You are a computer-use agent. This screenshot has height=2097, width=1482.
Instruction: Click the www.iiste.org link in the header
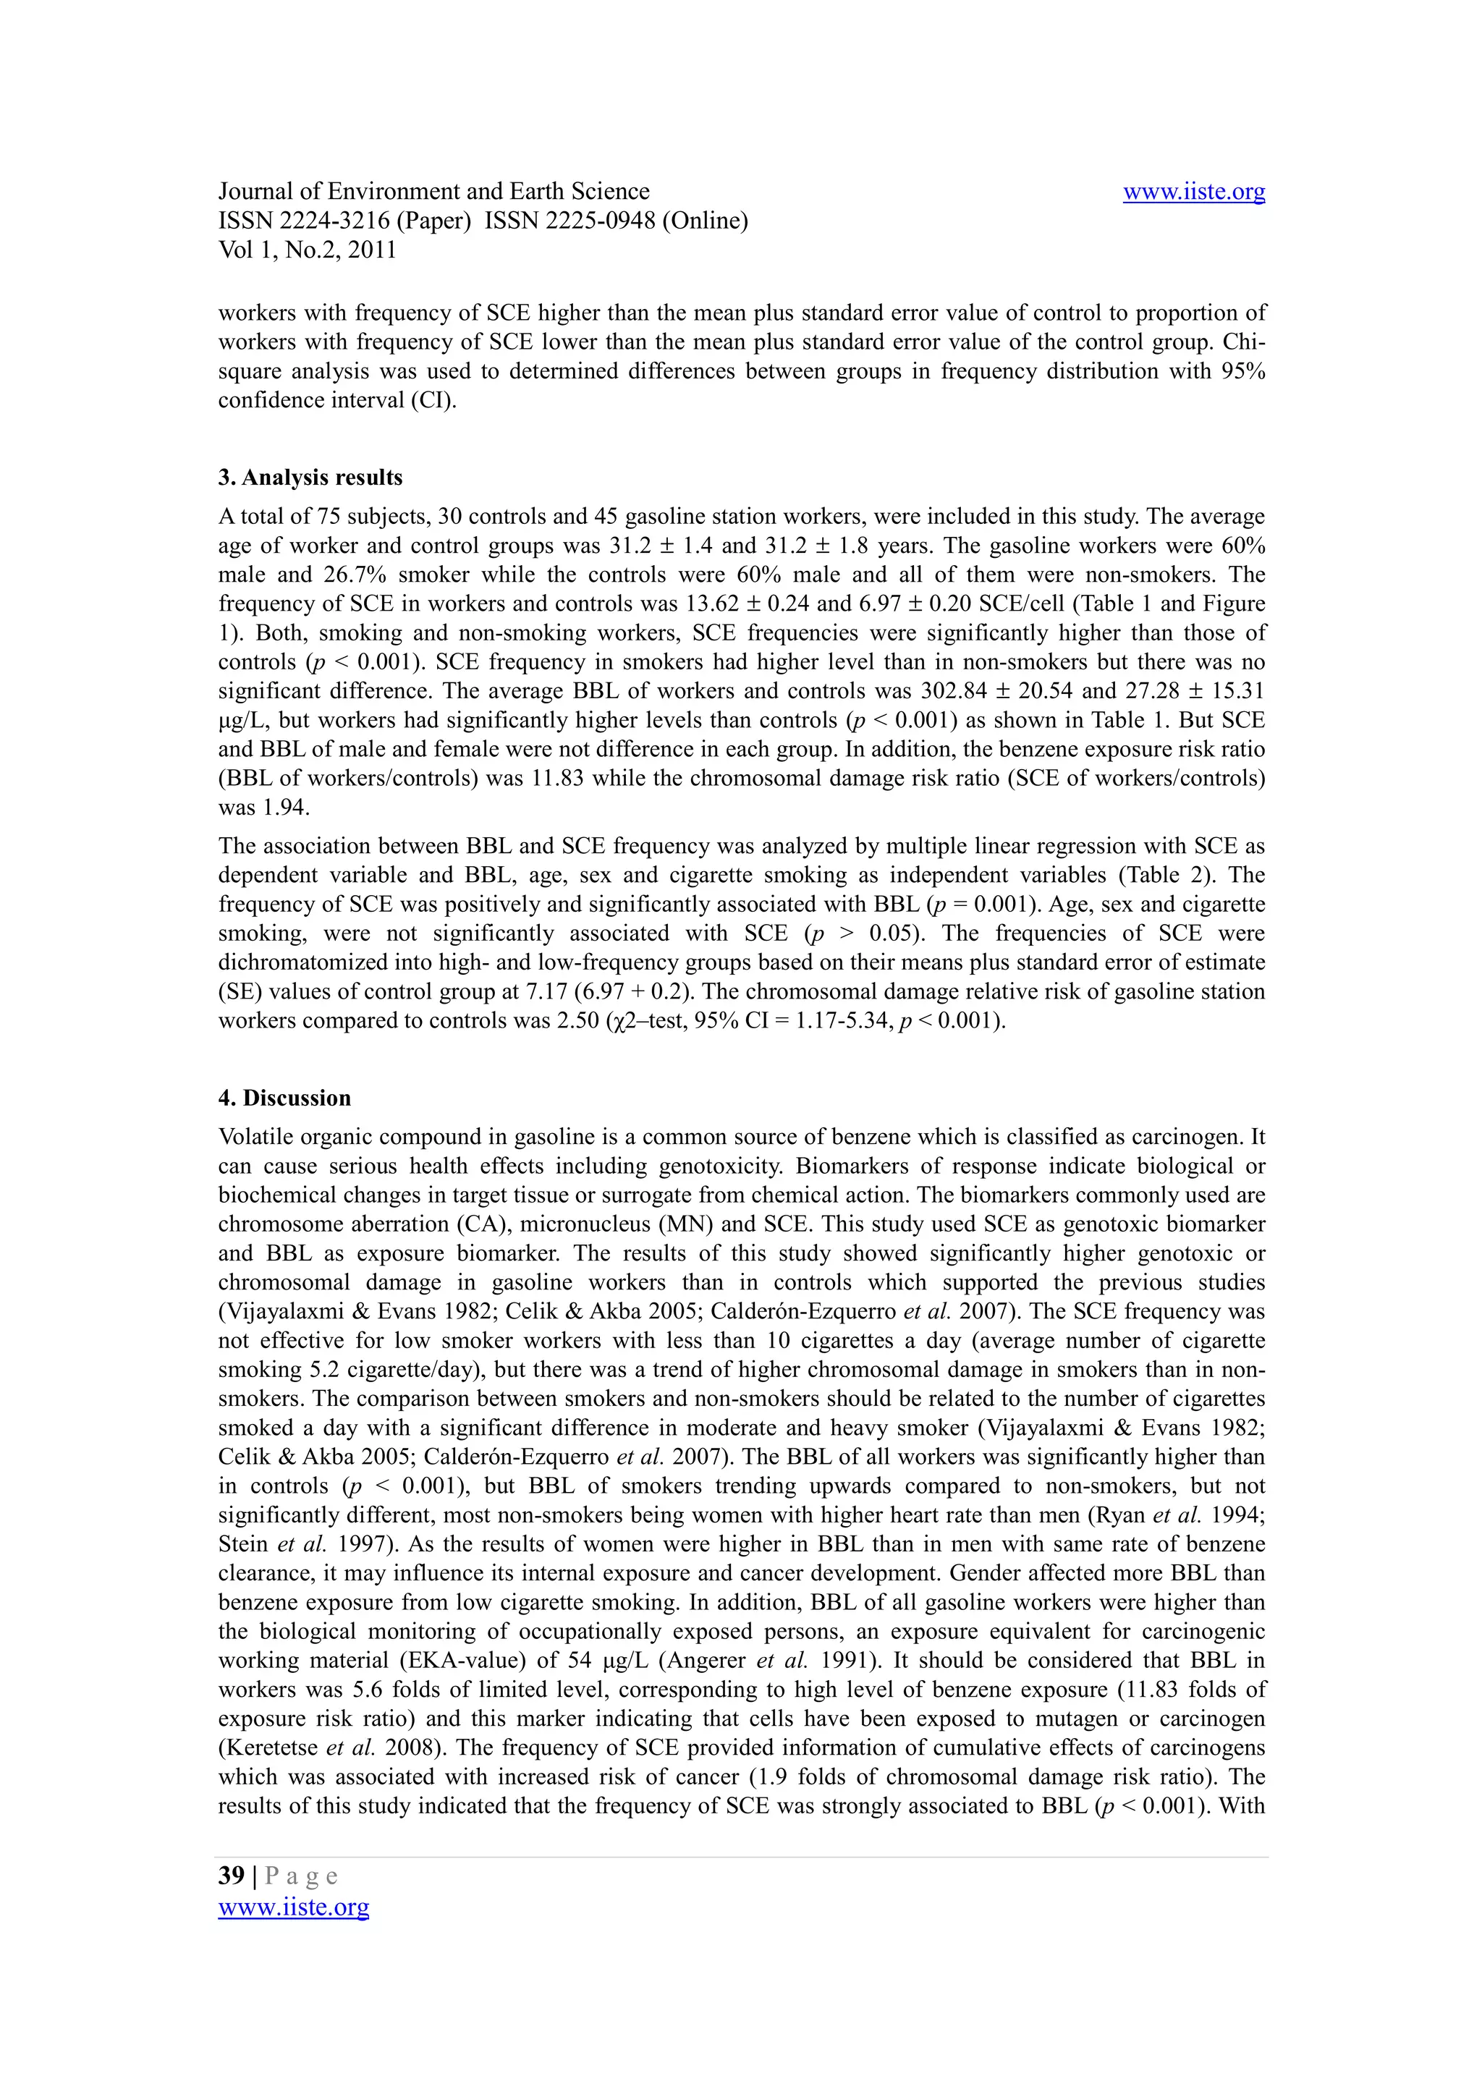pos(1193,192)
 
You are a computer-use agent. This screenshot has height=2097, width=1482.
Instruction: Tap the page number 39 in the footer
pos(231,1876)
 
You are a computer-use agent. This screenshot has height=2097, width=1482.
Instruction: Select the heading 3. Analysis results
pos(310,478)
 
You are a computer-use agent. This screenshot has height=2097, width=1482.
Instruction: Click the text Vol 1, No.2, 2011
pos(307,250)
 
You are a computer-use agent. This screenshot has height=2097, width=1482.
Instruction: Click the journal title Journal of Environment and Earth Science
pos(433,192)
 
